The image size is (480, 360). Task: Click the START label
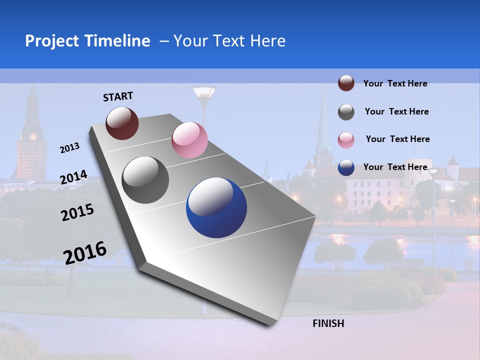coord(118,96)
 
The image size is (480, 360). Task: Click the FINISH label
coord(328,323)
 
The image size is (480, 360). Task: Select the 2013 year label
coord(70,148)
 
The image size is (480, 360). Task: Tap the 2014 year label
coord(73,177)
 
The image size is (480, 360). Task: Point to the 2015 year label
coord(77,212)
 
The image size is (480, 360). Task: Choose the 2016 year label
coord(85,252)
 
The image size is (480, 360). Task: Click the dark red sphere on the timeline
coord(122,123)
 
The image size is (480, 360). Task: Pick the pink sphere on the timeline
coord(189,140)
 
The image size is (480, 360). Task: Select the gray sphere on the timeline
coord(145,179)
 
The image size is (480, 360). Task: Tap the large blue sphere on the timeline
coord(216,207)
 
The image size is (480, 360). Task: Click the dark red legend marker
coord(346,83)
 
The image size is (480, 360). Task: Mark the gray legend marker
coord(346,112)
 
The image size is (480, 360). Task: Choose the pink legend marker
coord(346,140)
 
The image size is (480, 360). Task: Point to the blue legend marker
coord(346,168)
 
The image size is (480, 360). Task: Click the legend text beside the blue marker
coord(395,167)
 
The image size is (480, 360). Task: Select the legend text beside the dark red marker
coord(395,83)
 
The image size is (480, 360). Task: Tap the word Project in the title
coord(51,41)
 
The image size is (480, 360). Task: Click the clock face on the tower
coord(33,136)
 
